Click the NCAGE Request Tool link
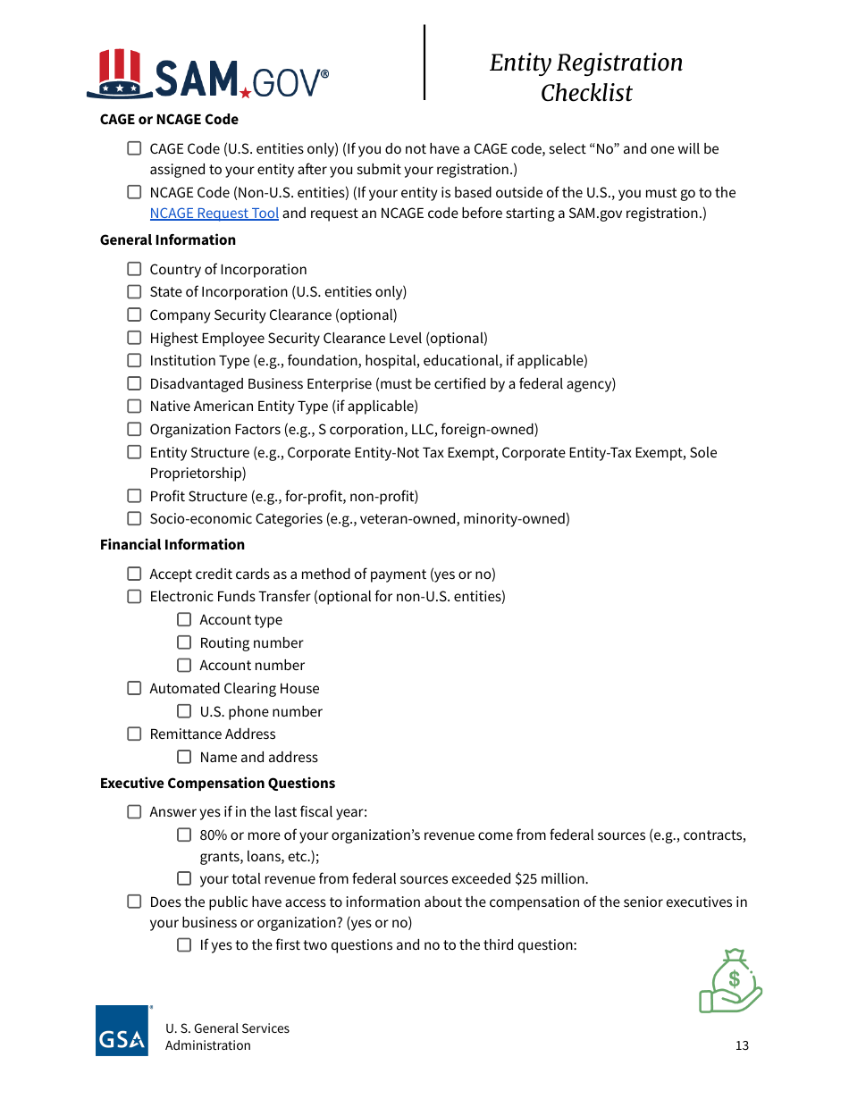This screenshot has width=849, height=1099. (x=214, y=214)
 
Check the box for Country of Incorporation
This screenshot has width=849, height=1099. (x=134, y=269)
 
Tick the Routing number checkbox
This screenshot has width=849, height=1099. (x=184, y=642)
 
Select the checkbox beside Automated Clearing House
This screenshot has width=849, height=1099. (x=134, y=688)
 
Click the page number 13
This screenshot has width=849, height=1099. (x=742, y=1045)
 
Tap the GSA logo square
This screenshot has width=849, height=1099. (x=122, y=1031)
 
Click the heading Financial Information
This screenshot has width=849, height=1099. (x=172, y=544)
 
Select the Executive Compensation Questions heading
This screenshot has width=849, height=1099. (x=217, y=783)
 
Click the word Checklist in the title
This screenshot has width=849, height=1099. (x=586, y=93)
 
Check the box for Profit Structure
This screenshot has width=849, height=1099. (x=134, y=496)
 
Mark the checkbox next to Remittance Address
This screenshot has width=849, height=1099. (x=134, y=734)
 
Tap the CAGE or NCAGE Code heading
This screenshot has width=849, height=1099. (x=169, y=119)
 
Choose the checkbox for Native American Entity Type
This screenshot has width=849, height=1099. (x=134, y=406)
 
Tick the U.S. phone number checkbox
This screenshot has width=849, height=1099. (x=184, y=711)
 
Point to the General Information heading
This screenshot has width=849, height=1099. (x=168, y=239)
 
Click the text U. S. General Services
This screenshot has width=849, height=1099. (x=227, y=1028)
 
